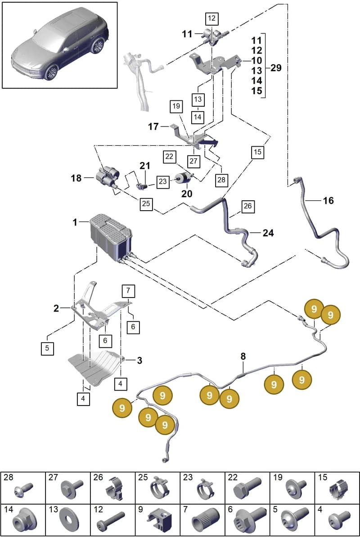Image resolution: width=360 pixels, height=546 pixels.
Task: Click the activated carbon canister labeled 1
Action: [x=110, y=236]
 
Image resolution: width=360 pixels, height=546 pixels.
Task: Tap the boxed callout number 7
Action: [x=128, y=291]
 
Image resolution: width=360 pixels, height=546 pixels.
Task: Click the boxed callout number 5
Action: [x=47, y=348]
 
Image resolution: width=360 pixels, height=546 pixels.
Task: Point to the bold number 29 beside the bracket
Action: [x=276, y=68]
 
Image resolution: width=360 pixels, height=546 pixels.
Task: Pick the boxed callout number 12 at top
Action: [x=211, y=18]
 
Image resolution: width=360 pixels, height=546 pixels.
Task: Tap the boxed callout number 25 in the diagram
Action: [x=146, y=204]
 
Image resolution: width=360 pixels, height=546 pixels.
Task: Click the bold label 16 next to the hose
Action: [x=328, y=201]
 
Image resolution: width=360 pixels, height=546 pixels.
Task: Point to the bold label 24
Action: [x=268, y=233]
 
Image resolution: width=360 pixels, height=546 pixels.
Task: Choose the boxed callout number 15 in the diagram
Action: [x=258, y=152]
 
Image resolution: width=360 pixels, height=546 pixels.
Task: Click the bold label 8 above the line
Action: [x=243, y=356]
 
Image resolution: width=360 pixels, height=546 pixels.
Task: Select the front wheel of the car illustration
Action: [x=51, y=72]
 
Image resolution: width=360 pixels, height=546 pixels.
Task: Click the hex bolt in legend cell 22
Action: [x=247, y=489]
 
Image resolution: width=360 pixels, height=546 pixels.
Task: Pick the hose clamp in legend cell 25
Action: [x=160, y=491]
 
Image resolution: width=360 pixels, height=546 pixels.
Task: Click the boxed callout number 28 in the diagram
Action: [x=221, y=180]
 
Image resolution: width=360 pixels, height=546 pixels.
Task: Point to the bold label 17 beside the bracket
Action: [x=153, y=126]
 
